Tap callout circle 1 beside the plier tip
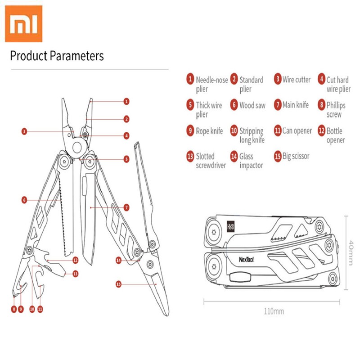pos(127,102)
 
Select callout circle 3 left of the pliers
pos(24,132)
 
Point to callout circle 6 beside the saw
pos(24,199)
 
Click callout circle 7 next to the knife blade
pos(127,207)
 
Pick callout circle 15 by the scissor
pos(119,284)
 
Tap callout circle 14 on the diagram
pos(118,260)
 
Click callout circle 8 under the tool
pos(14,309)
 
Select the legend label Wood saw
pos(252,105)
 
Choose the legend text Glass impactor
pos(252,161)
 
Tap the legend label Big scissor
pos(296,157)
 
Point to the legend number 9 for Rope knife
pos(190,131)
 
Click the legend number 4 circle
pos(321,80)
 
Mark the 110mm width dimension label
pos(274,310)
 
